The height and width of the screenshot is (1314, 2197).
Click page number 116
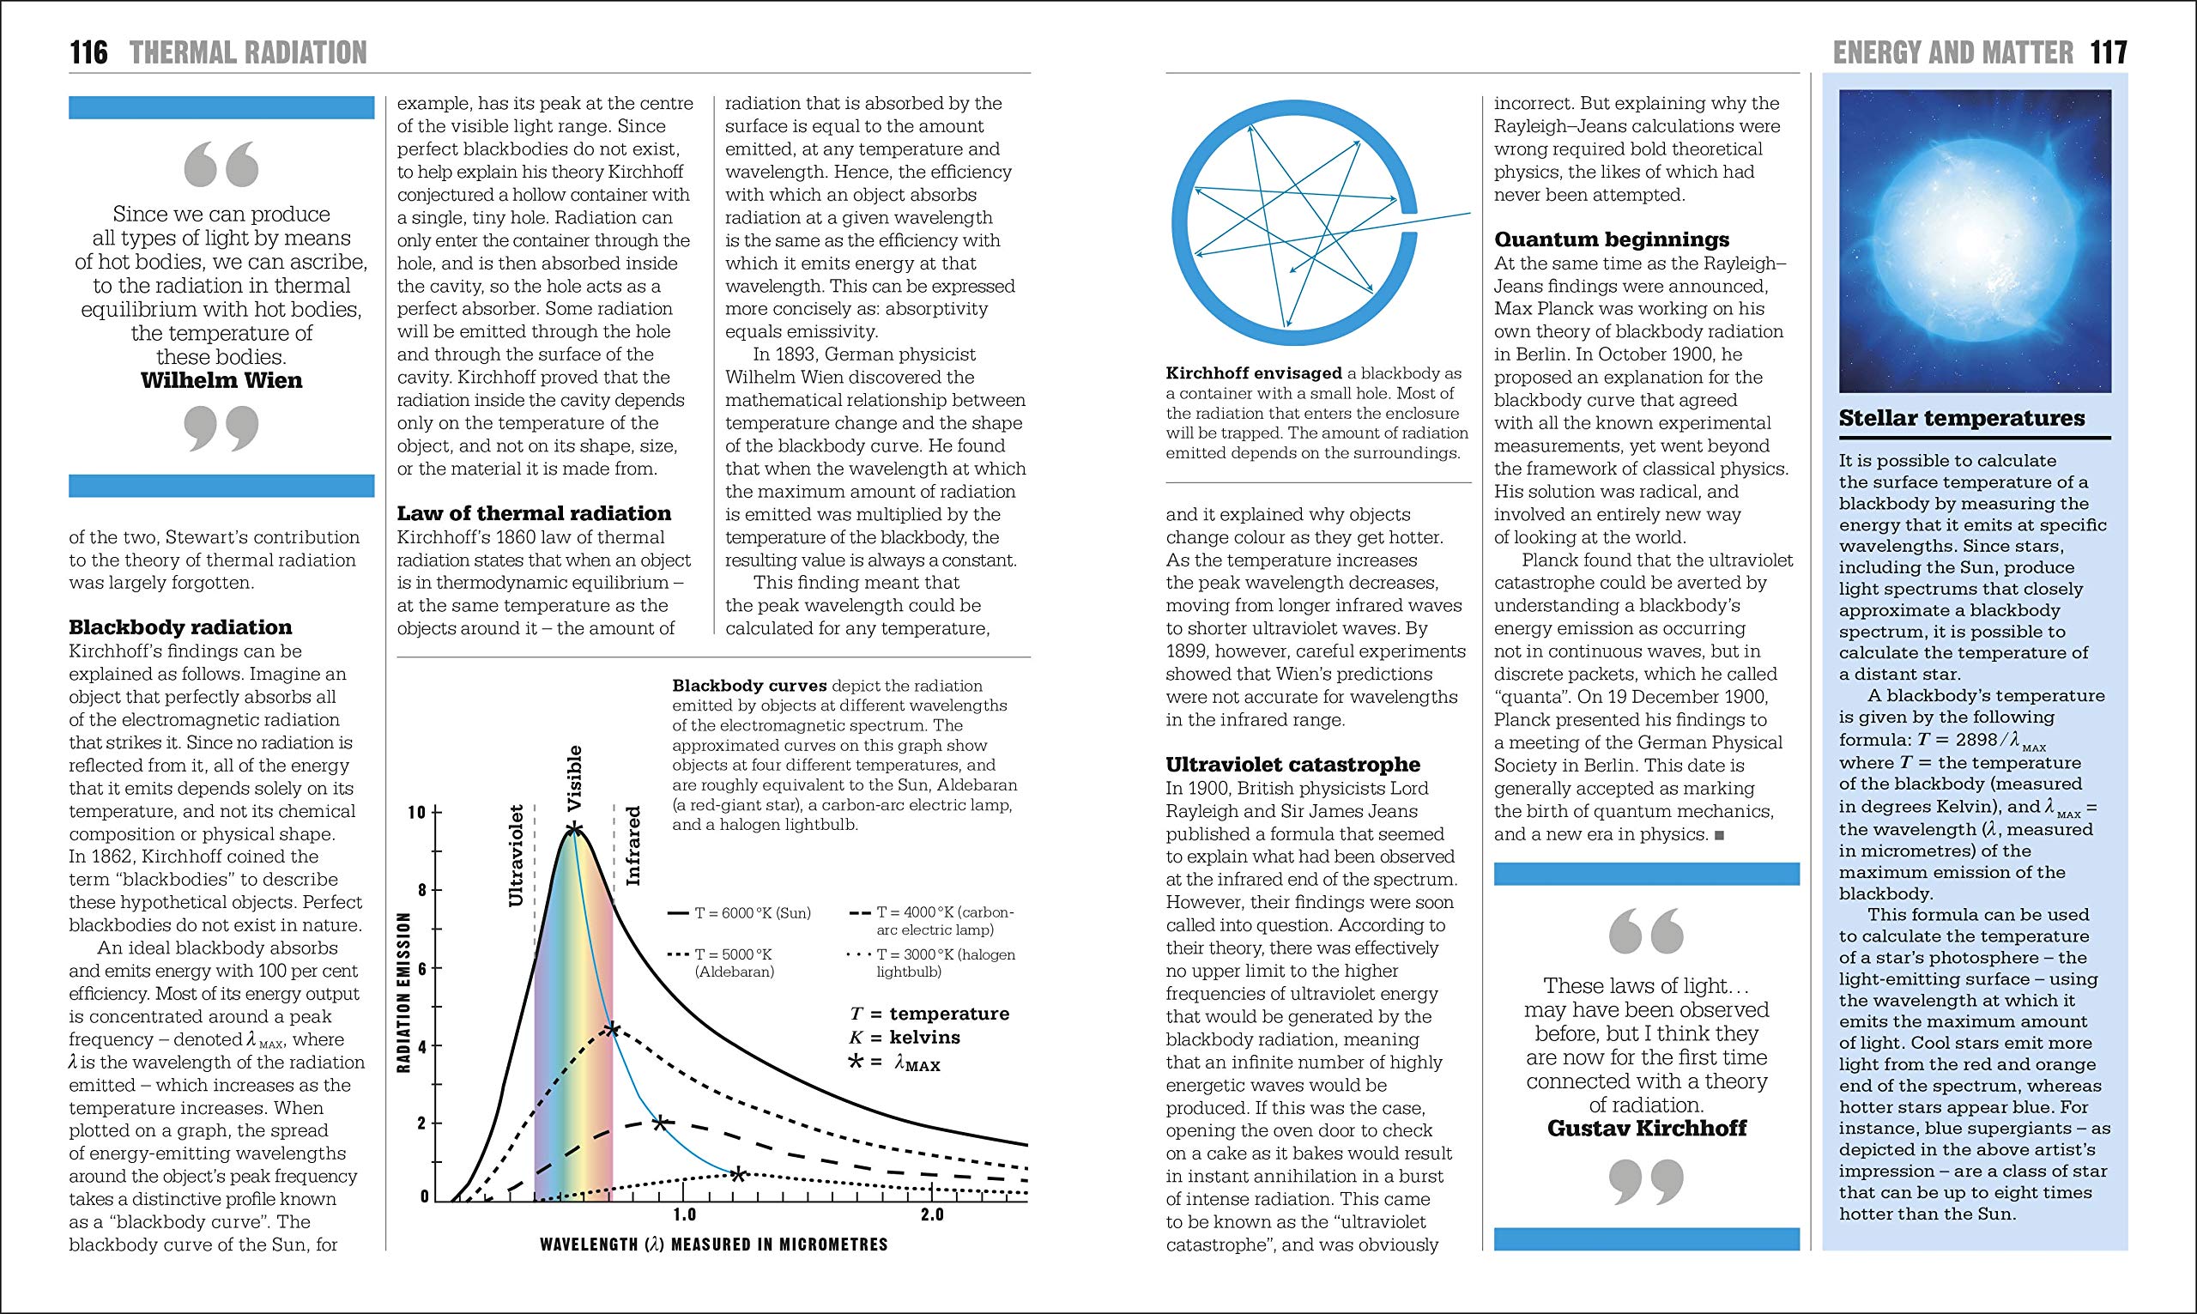[x=88, y=53]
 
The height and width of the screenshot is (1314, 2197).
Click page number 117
[x=2109, y=53]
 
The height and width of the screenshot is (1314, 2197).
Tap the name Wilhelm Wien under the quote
[x=221, y=381]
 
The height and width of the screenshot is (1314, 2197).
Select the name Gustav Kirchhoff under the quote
[x=1646, y=1128]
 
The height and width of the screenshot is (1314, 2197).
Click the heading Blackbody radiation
[x=180, y=627]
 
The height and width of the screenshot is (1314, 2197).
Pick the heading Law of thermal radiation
[x=534, y=513]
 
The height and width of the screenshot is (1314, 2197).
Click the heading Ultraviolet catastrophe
[x=1292, y=765]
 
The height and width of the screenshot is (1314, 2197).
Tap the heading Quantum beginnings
[x=1611, y=240]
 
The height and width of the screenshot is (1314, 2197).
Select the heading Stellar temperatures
[x=1962, y=418]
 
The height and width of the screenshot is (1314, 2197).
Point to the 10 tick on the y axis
[x=418, y=813]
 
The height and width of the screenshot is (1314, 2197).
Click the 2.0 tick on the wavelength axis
[x=932, y=1214]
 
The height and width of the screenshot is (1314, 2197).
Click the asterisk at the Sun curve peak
[x=574, y=830]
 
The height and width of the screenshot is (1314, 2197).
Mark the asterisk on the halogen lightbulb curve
[x=737, y=1175]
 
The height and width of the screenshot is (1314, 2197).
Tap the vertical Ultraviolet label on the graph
[x=517, y=855]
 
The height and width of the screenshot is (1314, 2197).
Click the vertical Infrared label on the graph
[x=632, y=845]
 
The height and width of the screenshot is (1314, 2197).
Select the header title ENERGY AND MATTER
[x=1952, y=53]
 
